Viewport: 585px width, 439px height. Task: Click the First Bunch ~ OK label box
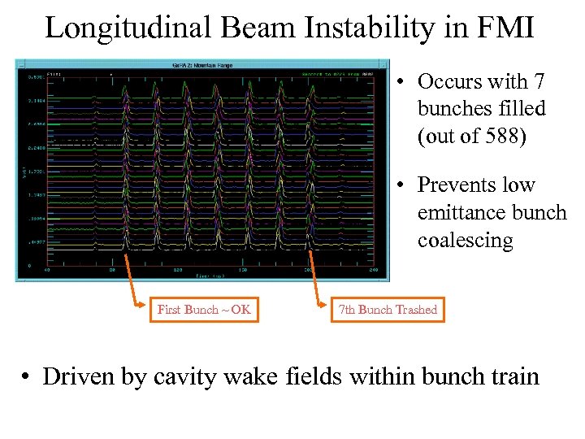coord(204,309)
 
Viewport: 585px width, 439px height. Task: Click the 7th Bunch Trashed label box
coord(388,309)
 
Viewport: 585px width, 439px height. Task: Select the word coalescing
coord(466,241)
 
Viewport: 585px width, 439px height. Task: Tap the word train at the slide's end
coord(513,377)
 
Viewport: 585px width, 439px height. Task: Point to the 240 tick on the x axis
coord(374,271)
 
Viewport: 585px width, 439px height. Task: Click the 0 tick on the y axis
coord(30,265)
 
